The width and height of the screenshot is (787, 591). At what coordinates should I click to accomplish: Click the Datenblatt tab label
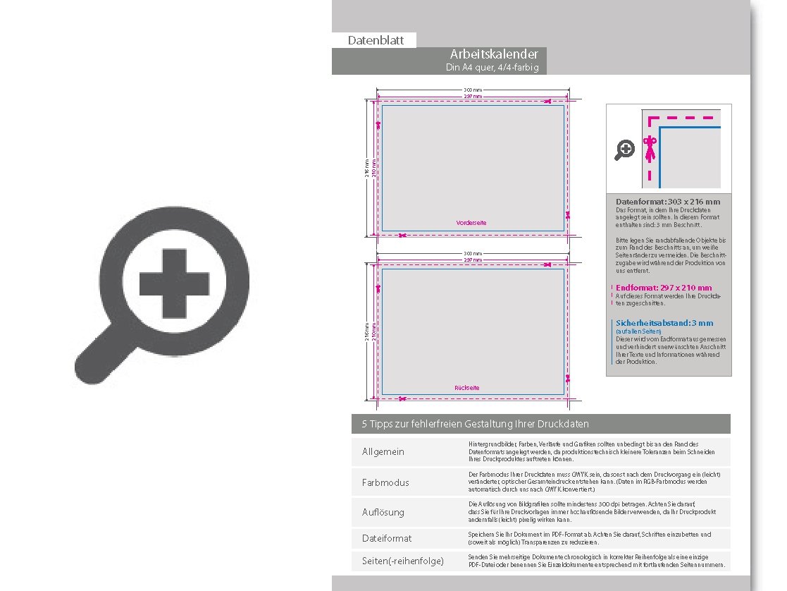376,40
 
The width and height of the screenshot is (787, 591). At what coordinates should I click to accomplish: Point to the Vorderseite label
471,223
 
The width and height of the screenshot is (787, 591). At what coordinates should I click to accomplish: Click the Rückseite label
467,388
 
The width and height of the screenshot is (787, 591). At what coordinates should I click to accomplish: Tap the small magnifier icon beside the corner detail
625,150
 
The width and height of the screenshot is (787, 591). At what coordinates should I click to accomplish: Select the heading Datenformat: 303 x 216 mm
668,202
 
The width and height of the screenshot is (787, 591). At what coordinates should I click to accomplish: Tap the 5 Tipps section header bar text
475,424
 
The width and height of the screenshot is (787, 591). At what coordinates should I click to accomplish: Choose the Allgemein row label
383,451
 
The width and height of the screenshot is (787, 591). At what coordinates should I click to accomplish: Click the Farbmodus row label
385,482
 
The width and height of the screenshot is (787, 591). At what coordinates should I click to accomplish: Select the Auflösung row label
383,512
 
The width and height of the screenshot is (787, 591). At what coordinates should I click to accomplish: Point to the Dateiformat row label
387,538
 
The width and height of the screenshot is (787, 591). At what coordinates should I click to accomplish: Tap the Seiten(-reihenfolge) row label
403,561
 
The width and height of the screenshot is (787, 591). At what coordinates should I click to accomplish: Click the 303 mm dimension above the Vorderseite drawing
473,90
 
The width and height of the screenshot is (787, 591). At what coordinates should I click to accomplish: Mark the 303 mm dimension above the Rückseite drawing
473,253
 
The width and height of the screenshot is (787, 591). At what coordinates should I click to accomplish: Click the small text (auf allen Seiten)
638,331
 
